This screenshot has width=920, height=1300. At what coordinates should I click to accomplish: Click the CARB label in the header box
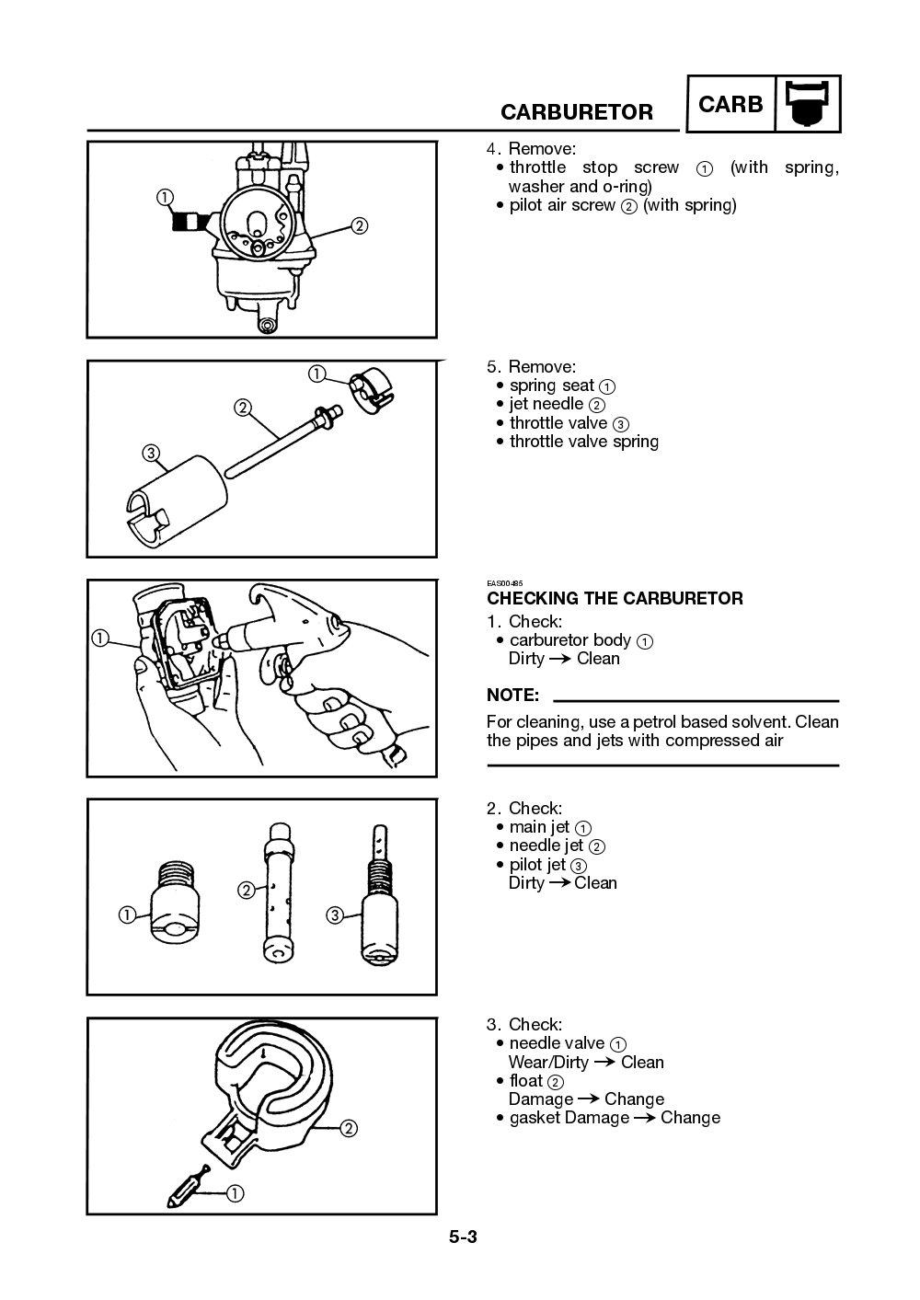click(x=730, y=105)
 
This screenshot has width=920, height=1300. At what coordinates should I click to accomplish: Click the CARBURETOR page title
click(x=577, y=112)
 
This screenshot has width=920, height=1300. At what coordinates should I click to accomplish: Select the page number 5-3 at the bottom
click(x=463, y=1237)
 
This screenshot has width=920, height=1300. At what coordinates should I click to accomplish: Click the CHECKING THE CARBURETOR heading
click(x=615, y=599)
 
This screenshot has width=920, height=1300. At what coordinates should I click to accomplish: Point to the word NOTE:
click(x=512, y=696)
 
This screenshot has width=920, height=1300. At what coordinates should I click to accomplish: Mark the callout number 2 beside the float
click(x=349, y=1129)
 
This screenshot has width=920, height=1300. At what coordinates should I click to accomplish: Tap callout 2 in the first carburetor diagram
click(x=360, y=225)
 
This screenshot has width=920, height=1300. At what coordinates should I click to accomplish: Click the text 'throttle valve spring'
click(x=584, y=442)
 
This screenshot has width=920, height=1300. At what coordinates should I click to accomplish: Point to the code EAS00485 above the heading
click(x=504, y=583)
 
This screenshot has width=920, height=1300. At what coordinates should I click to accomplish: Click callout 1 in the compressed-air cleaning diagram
click(x=99, y=638)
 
